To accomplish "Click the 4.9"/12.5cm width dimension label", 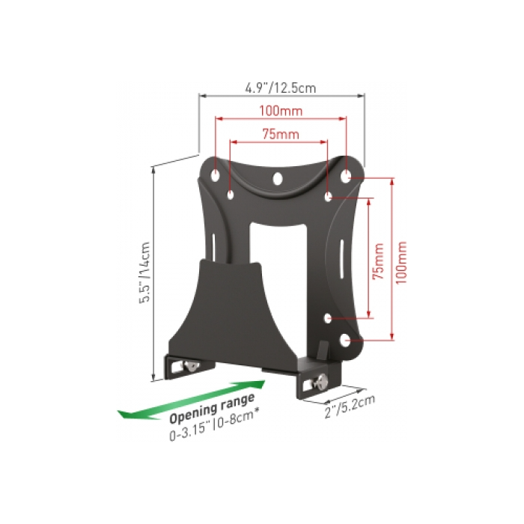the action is pyautogui.click(x=281, y=88).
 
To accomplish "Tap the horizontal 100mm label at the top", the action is pyautogui.click(x=281, y=111).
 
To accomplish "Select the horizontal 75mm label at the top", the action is pyautogui.click(x=281, y=134).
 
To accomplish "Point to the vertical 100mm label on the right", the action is pyautogui.click(x=401, y=263).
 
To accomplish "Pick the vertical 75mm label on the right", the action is pyautogui.click(x=378, y=262).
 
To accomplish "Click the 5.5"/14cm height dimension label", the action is pyautogui.click(x=144, y=272).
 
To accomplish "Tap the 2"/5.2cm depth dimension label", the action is pyautogui.click(x=350, y=406).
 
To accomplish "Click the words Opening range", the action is pyautogui.click(x=212, y=408).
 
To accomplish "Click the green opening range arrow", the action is pyautogui.click(x=192, y=400).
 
